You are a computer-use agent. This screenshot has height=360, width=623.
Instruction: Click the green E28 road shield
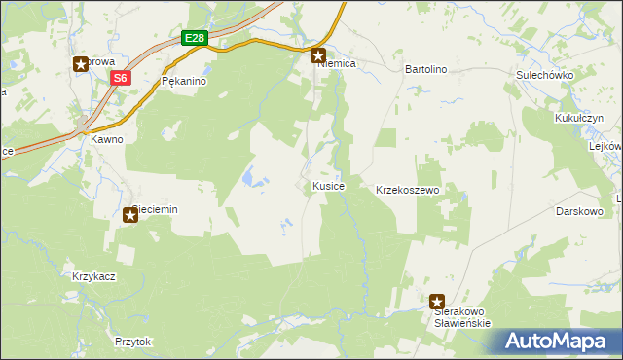pos(195,38)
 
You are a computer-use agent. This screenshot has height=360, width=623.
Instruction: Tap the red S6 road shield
pos(120,78)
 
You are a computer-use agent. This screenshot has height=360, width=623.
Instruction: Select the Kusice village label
pos(327,185)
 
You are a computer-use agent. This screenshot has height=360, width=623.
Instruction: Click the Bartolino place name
pos(425,70)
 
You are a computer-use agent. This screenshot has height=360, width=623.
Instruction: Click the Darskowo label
pos(581,210)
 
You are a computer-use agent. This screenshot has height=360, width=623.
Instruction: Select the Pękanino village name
pos(185,82)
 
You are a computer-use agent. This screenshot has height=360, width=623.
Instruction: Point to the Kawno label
pos(107,139)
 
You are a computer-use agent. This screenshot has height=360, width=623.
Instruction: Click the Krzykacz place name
pos(94,276)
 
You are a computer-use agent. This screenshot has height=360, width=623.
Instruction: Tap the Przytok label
pos(133,342)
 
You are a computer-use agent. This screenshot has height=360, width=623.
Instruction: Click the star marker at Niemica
pos(318,57)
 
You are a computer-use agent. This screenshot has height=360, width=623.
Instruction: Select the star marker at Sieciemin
pos(129,214)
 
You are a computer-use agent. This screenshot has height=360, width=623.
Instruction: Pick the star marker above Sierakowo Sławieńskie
pos(437,303)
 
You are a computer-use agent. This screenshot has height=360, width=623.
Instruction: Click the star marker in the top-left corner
pos(81,64)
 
